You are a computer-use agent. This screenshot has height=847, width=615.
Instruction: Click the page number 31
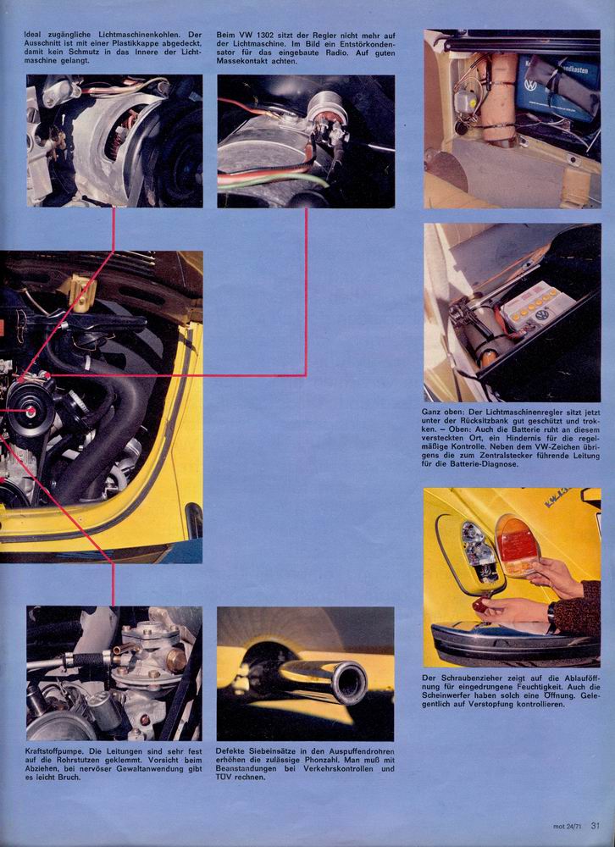[596, 826]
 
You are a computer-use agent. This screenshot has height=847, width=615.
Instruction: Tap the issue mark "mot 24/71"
[568, 827]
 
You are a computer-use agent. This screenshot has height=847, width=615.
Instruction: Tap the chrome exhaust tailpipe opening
[348, 682]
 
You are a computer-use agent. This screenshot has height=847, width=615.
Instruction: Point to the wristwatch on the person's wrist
[551, 617]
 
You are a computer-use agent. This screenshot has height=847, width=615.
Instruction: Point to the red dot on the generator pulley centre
[31, 412]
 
